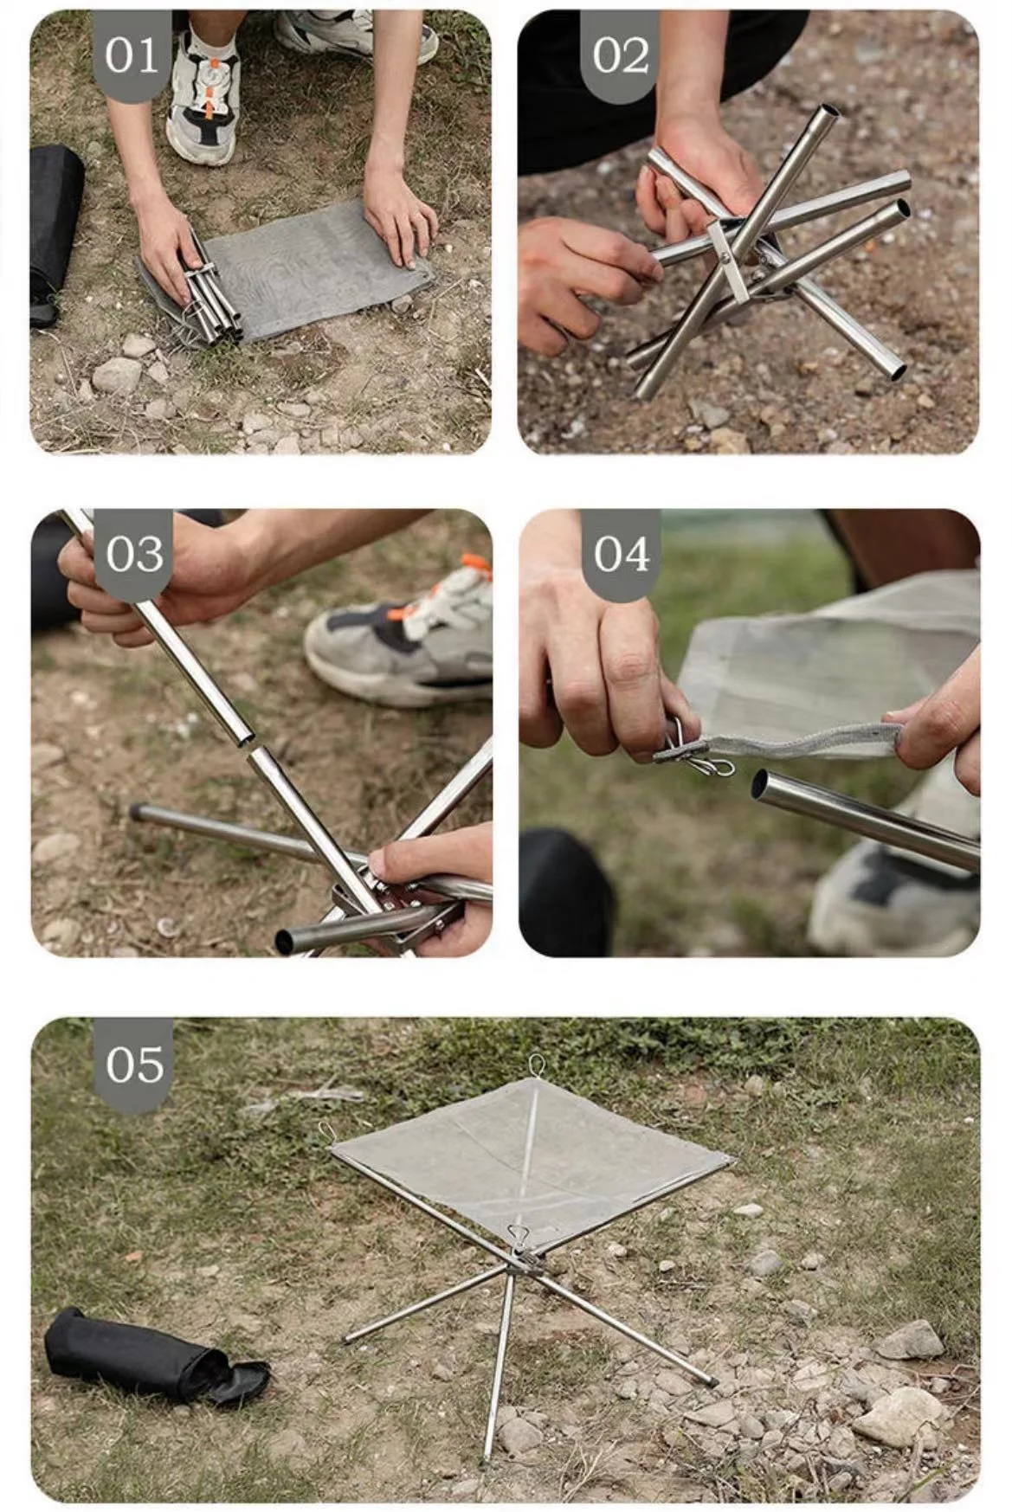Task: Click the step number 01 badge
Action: (132, 55)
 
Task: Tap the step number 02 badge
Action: (620, 55)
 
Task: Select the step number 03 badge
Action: (134, 554)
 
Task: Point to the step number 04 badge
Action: (621, 554)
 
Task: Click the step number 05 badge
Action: (134, 1064)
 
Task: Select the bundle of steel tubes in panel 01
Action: (208, 294)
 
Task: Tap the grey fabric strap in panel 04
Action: (805, 741)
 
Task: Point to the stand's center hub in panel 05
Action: (522, 1259)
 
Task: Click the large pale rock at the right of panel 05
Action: (896, 1415)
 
